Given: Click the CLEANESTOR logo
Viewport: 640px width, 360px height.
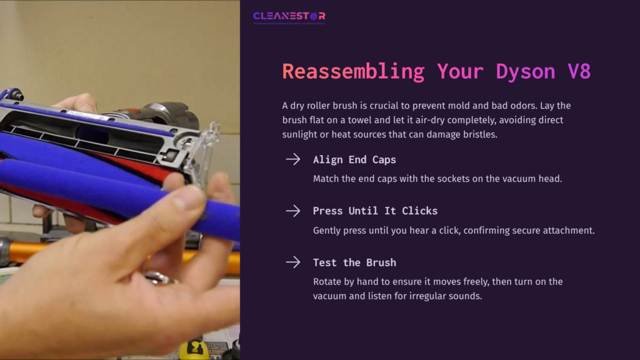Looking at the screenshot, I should click(289, 16).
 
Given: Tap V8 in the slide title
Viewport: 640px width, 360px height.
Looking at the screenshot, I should click(579, 71).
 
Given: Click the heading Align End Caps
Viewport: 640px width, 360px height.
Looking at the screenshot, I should click(354, 160).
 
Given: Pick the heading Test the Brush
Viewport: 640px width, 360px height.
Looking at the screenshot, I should click(354, 262).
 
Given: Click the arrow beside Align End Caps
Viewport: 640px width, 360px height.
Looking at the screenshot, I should click(292, 159).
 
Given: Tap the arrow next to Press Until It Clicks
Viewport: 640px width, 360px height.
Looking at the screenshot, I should click(292, 211).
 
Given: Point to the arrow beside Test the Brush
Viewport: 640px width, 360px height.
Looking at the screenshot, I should click(292, 262).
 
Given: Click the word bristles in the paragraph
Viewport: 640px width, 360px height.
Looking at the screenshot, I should click(479, 134).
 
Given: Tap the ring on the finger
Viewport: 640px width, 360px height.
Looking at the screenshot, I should click(156, 277).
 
